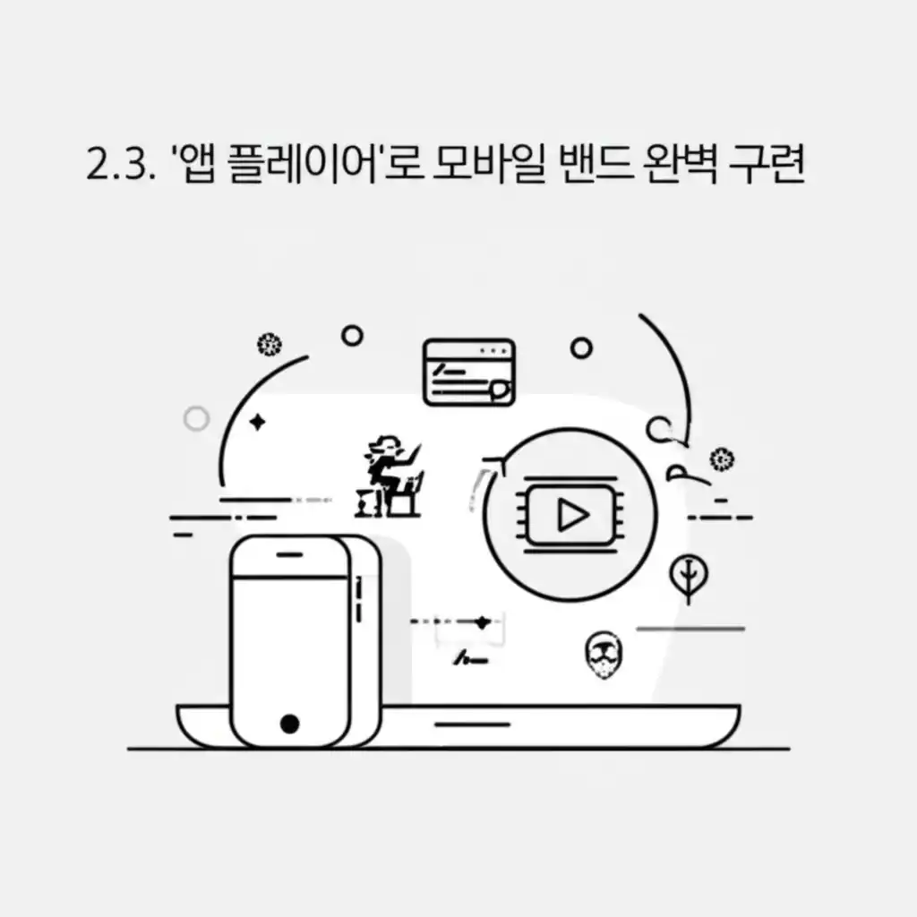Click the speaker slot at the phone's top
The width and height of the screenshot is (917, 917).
pyautogui.click(x=288, y=554)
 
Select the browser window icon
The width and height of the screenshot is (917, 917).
pyautogui.click(x=468, y=372)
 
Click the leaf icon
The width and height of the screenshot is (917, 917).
pyautogui.click(x=688, y=578)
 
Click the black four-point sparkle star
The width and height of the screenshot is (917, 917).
pyautogui.click(x=258, y=422)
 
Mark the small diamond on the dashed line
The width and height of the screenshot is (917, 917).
pyautogui.click(x=483, y=621)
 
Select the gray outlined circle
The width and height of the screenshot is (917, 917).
pyautogui.click(x=195, y=418)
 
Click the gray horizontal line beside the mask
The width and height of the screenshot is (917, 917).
pyautogui.click(x=690, y=629)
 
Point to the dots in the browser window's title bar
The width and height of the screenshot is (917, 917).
pyautogui.click(x=493, y=349)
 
